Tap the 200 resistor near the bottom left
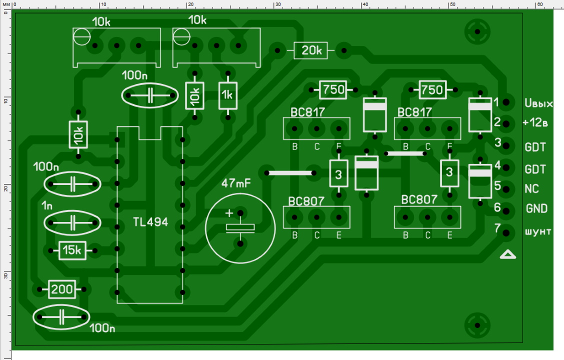(62, 289)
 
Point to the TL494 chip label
(150, 221)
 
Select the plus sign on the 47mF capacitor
(229, 213)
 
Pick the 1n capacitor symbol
(72, 222)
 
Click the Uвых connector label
(538, 104)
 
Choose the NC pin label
(531, 189)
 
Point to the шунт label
(538, 231)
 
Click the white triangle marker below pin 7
(508, 255)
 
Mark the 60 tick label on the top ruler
(539, 4)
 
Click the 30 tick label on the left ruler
(5, 275)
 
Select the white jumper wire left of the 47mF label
(290, 173)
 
